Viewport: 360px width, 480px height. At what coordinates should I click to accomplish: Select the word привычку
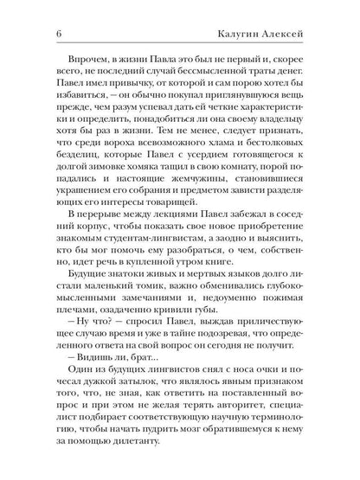point(118,92)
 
